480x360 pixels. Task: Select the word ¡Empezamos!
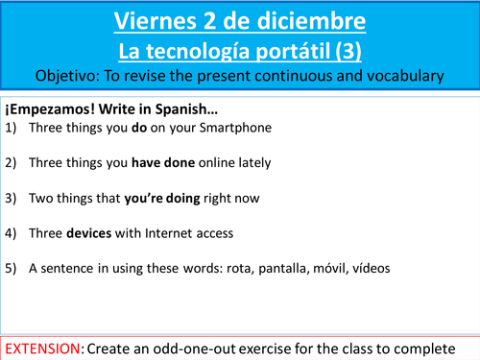pyautogui.click(x=44, y=107)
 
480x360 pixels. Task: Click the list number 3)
pyautogui.click(x=12, y=199)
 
